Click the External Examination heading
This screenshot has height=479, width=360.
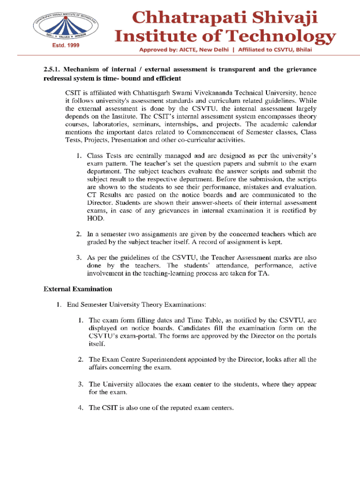coord(78,289)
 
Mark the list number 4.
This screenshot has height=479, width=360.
coord(80,407)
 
